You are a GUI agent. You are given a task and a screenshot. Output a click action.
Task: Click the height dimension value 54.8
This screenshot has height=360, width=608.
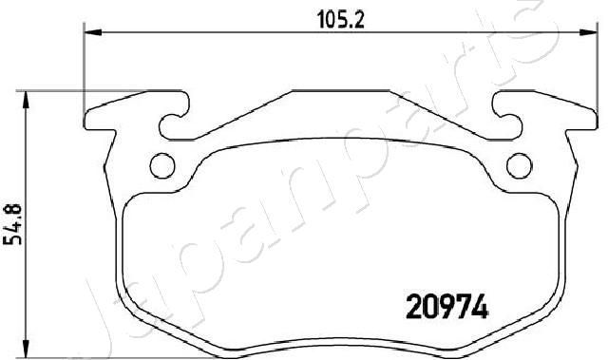tap(12, 224)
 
